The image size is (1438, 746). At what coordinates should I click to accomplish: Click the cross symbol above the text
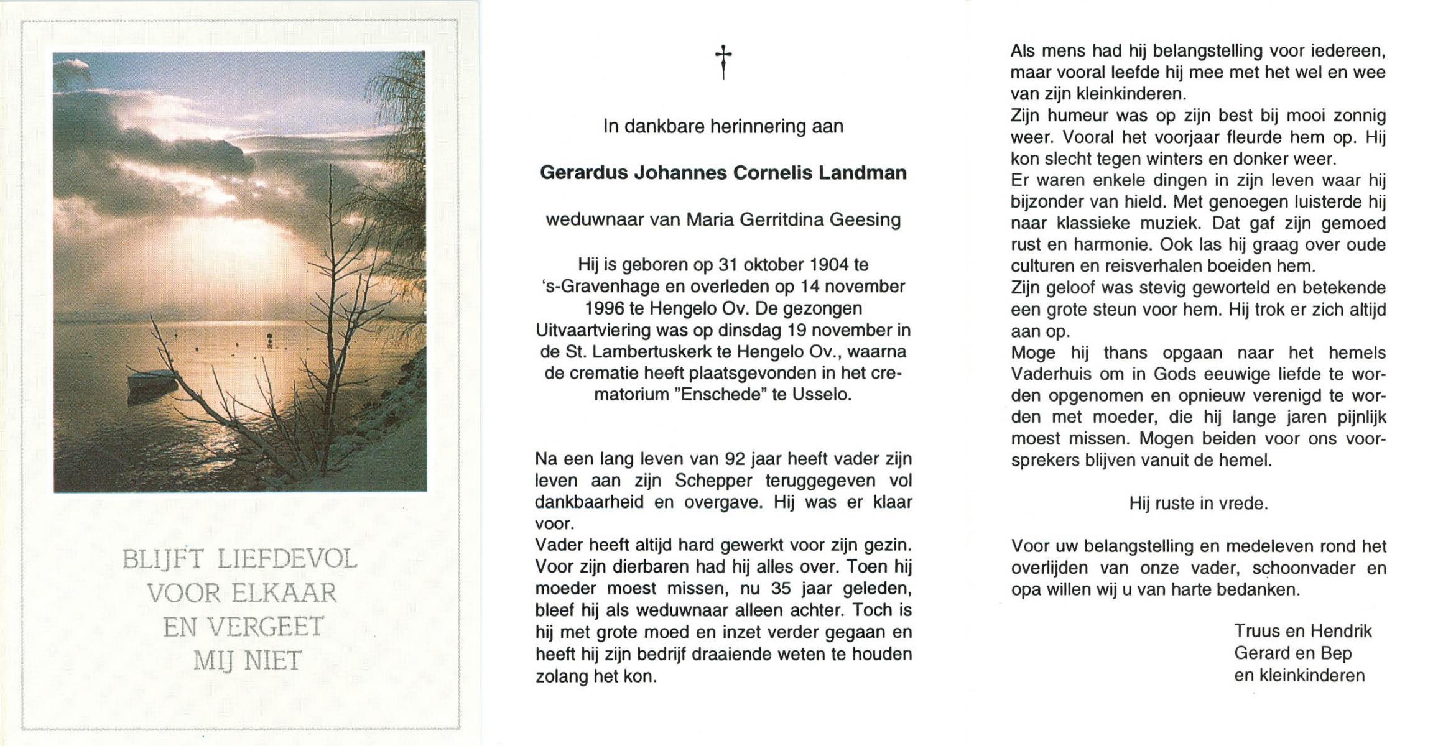(x=723, y=62)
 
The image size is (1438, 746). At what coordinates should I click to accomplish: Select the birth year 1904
(x=829, y=265)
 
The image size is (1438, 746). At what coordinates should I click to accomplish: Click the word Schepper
(x=713, y=481)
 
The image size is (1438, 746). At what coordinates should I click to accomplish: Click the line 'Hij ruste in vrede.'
(x=1198, y=504)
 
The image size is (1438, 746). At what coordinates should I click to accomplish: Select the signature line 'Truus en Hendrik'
(x=1302, y=632)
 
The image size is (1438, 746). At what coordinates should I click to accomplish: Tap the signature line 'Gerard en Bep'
(x=1292, y=653)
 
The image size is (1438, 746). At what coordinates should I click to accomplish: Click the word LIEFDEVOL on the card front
(x=287, y=559)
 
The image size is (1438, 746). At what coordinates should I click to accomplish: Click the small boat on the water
(x=152, y=380)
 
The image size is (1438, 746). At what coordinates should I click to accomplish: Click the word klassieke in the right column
(x=1094, y=223)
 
